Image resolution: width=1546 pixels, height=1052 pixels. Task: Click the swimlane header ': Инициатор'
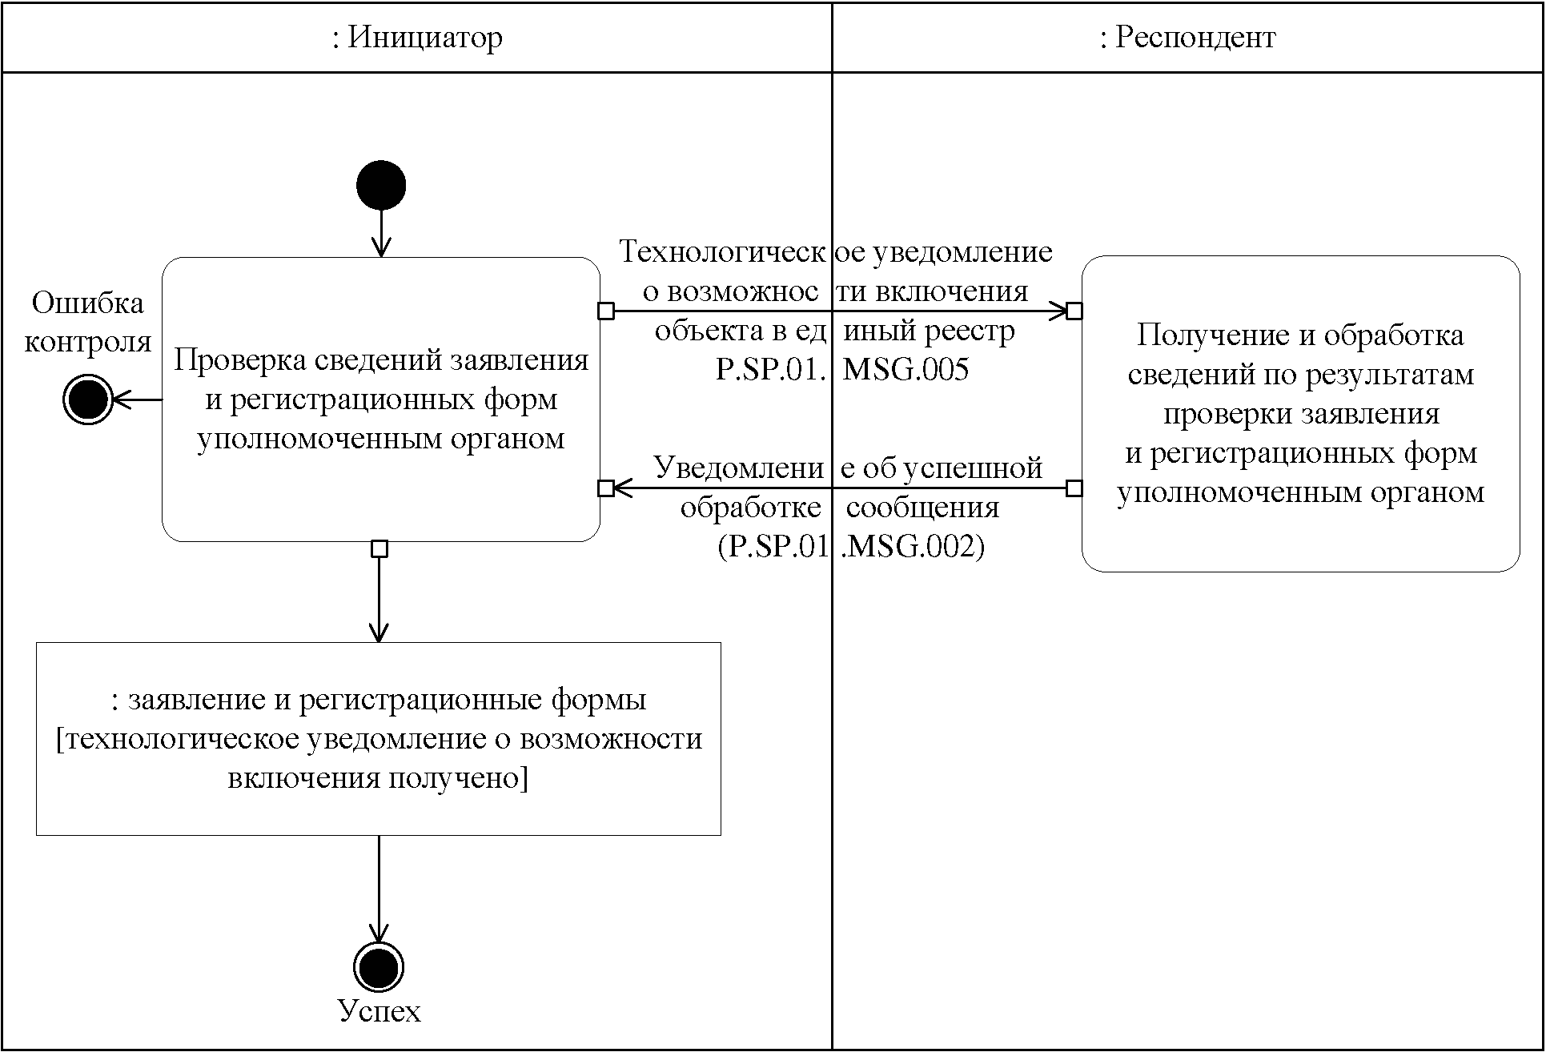[417, 38]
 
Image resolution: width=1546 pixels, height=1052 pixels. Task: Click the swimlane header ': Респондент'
[1187, 38]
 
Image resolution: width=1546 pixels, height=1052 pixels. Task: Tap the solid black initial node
[381, 185]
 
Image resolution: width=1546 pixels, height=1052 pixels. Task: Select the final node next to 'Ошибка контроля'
[87, 400]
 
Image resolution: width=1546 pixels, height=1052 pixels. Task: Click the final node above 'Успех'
[378, 967]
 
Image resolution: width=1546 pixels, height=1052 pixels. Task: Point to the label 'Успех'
[379, 1011]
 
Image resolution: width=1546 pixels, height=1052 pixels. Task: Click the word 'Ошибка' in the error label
[88, 303]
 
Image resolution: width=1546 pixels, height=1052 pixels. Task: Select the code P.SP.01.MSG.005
[842, 369]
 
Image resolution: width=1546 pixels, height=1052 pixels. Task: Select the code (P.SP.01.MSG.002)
[851, 546]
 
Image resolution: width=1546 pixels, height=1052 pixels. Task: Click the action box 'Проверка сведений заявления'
[381, 399]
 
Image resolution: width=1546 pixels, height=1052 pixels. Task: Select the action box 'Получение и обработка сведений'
[1300, 413]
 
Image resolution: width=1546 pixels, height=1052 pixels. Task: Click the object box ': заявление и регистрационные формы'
[379, 738]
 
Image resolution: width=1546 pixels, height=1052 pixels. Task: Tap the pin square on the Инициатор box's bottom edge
[379, 549]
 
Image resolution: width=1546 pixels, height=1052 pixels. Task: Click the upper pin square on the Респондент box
[1074, 311]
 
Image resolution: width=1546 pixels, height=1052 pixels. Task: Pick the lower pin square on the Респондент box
[1074, 488]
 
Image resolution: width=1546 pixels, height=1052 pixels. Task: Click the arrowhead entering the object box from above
[378, 633]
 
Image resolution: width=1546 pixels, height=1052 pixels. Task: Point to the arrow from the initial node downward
[381, 232]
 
